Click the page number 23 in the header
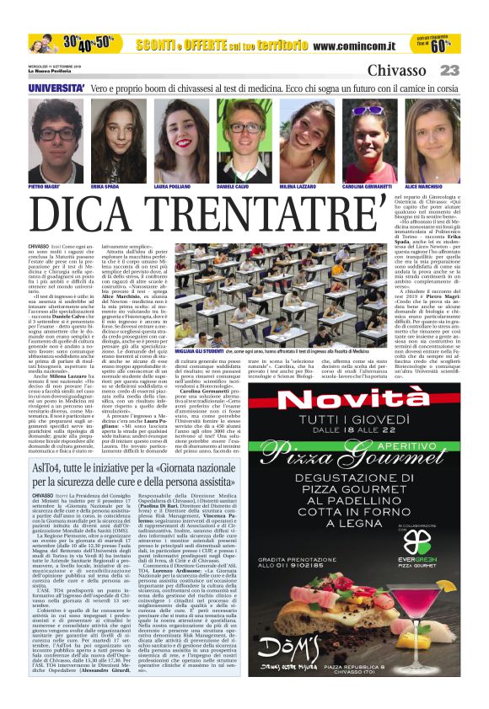point(449,71)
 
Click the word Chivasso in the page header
point(396,71)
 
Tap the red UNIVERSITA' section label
point(56,88)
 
